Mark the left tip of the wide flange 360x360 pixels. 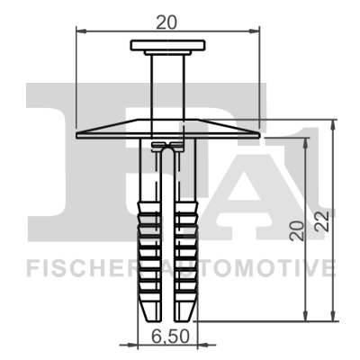[x=78, y=134]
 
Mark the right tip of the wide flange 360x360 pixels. [x=258, y=134]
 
